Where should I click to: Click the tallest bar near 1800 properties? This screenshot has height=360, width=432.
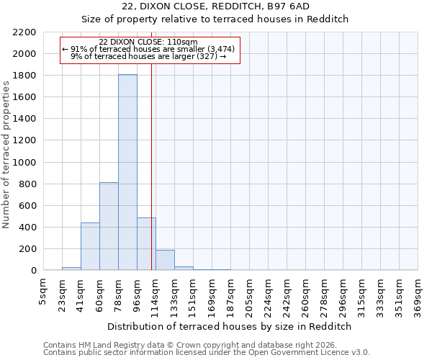click(x=127, y=173)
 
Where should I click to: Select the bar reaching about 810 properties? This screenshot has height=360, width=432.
click(x=109, y=226)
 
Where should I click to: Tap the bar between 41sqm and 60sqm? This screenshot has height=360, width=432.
click(x=90, y=246)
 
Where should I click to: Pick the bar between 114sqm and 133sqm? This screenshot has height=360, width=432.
click(x=165, y=260)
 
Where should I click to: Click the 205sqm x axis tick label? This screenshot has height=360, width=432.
click(x=250, y=296)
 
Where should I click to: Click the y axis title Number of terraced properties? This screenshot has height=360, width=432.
click(x=7, y=155)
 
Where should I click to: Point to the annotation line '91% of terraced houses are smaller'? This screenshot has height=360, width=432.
click(x=148, y=49)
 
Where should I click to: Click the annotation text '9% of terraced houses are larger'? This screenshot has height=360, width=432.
click(x=148, y=56)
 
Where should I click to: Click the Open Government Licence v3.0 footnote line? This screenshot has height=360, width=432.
click(x=206, y=352)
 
